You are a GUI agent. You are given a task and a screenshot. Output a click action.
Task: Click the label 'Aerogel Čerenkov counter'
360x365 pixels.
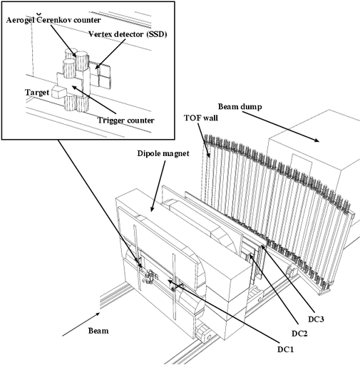[53, 19]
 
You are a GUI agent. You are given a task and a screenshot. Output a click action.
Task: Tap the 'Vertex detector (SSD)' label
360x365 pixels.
[128, 34]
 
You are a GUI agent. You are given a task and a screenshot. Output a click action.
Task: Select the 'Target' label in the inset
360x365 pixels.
[37, 93]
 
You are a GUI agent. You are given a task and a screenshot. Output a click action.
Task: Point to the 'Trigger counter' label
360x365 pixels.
[126, 120]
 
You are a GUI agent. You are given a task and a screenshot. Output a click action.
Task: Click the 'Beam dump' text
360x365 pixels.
[240, 107]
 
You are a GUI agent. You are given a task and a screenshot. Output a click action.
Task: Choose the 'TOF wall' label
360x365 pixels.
[201, 118]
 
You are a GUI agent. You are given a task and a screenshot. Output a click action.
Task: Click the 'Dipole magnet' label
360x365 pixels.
[163, 153]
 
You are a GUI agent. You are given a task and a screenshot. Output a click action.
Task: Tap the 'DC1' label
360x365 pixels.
[286, 349]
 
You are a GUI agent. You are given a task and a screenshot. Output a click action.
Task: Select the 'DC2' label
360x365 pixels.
[299, 334]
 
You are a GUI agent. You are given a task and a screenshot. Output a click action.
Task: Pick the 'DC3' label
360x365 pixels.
[317, 319]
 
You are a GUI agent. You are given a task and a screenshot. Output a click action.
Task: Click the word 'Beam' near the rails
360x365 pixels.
[98, 331]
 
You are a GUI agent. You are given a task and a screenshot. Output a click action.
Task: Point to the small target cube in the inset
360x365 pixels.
[58, 92]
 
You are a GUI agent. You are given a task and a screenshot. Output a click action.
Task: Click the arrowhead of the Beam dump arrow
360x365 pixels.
[317, 140]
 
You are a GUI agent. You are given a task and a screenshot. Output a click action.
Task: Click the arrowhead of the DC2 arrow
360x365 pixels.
[250, 256]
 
